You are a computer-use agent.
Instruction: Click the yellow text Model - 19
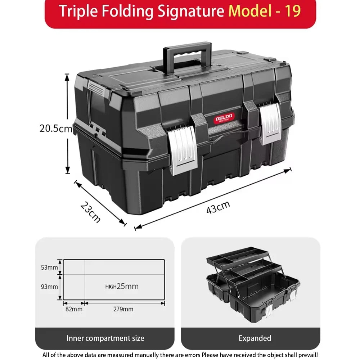tap(265, 11)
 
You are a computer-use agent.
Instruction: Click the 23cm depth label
tap(90, 212)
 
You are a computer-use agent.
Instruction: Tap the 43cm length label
tap(218, 208)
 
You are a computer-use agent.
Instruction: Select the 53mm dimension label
tap(49, 267)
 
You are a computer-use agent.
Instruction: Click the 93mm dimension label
tap(49, 287)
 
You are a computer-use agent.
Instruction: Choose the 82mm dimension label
tap(74, 309)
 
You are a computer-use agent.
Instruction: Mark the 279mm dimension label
tap(123, 309)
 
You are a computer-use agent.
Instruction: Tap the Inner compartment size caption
tap(105, 338)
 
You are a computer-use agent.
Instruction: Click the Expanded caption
tap(255, 338)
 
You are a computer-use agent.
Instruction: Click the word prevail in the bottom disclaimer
tap(306, 355)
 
